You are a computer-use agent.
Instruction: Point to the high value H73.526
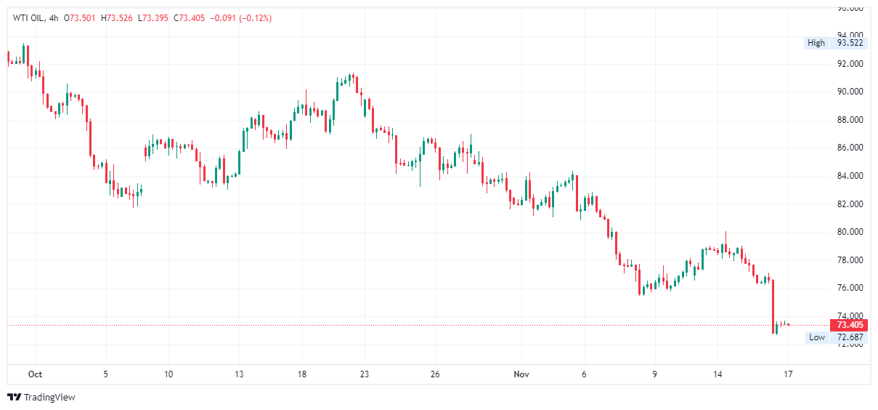pos(118,18)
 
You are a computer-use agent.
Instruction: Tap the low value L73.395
pos(153,18)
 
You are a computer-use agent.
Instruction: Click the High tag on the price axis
pos(816,43)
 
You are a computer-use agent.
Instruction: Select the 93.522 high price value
pos(850,43)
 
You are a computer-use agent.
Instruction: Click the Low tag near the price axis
pos(817,337)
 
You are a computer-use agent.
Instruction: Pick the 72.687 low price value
pos(850,337)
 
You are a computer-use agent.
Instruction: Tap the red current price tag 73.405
pos(850,325)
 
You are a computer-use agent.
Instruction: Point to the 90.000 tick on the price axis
pos(850,92)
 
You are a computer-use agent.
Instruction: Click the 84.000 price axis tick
pos(850,176)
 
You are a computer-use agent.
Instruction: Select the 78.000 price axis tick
pos(850,260)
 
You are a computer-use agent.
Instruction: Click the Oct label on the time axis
pos(35,374)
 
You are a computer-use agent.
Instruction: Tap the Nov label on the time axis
pos(521,374)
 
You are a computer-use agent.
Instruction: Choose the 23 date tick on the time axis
pos(365,374)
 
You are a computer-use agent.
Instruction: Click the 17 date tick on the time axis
pos(788,374)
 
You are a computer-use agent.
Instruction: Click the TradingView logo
pos(41,398)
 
